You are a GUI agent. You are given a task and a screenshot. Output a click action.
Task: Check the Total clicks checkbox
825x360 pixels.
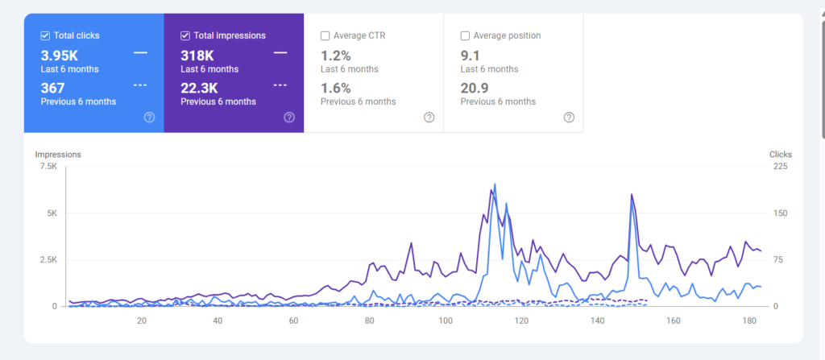(x=45, y=35)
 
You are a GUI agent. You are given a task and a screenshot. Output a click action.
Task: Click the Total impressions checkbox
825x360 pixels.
(x=185, y=35)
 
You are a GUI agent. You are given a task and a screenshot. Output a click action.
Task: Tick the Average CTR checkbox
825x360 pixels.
(x=325, y=35)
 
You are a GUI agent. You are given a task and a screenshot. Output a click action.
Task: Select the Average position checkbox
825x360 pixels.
(x=465, y=35)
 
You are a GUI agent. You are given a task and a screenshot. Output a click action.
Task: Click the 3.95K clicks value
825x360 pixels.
(x=60, y=55)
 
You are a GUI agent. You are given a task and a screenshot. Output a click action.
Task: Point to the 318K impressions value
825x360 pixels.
(x=197, y=55)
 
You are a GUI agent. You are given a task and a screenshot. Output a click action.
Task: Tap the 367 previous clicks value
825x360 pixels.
(x=52, y=88)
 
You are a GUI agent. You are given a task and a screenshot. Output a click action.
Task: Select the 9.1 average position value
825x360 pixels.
(x=470, y=55)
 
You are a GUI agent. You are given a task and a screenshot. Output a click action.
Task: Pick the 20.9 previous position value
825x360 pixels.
(x=475, y=88)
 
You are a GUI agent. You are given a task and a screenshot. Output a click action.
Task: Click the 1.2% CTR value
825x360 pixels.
(x=335, y=55)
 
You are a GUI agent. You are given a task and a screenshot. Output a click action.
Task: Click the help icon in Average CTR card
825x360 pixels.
(x=429, y=118)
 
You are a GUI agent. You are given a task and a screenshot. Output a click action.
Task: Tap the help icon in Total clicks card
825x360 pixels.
(x=149, y=118)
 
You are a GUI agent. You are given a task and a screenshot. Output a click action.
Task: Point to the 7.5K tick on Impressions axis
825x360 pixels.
(x=48, y=167)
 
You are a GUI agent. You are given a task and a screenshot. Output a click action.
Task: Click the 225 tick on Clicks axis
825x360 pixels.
(x=780, y=167)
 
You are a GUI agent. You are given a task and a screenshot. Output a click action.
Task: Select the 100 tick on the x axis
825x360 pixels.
(x=445, y=321)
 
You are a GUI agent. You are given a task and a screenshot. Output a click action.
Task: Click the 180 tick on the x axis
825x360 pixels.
(x=748, y=321)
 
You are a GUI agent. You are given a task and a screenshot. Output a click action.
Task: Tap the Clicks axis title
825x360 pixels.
(x=780, y=154)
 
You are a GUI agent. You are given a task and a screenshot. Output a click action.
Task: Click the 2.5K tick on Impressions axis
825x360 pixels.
(x=48, y=260)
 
